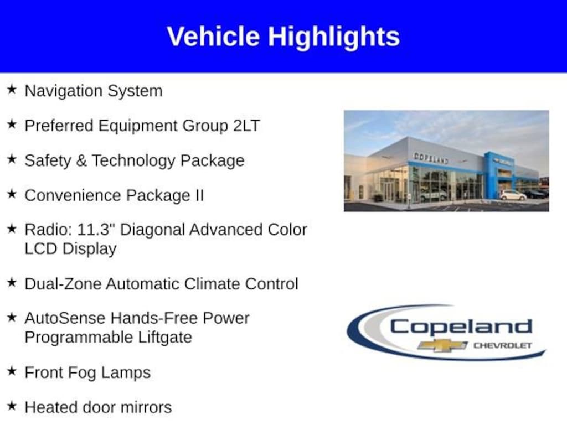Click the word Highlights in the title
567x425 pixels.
(334, 37)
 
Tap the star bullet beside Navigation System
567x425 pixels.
(12, 89)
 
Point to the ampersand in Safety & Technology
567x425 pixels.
(81, 160)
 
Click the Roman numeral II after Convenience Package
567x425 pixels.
(199, 195)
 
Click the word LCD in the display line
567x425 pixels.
(41, 248)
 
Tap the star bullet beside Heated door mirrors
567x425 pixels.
(12, 406)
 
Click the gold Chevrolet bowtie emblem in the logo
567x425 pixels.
(442, 345)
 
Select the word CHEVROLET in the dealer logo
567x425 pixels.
(503, 345)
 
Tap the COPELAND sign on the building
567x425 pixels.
(431, 158)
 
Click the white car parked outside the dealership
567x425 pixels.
(513, 195)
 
